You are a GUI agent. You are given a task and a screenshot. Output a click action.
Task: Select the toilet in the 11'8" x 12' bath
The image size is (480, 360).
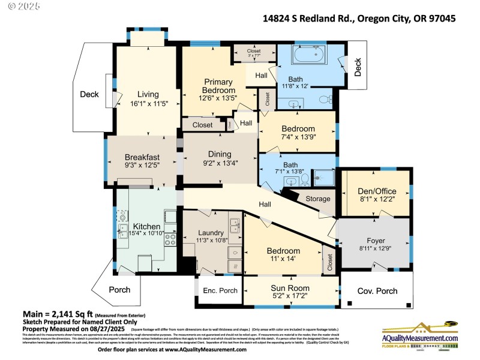pyautogui.click(x=325, y=99)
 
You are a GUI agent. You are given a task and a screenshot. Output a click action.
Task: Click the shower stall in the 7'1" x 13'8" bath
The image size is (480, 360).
pyautogui.click(x=325, y=177)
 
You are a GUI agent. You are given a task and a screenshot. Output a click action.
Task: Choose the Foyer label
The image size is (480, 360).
pyautogui.click(x=375, y=241)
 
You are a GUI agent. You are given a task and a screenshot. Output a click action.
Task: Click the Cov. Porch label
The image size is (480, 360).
pyautogui.click(x=377, y=291)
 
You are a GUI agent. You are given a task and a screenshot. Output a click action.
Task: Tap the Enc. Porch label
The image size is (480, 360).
pyautogui.click(x=220, y=291)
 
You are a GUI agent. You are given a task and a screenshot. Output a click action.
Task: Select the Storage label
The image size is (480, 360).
pyautogui.click(x=318, y=199)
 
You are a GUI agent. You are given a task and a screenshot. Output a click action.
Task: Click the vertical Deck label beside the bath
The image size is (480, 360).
pyautogui.click(x=358, y=67)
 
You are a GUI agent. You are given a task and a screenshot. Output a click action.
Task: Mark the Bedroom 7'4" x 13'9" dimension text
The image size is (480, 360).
pyautogui.click(x=298, y=137)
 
